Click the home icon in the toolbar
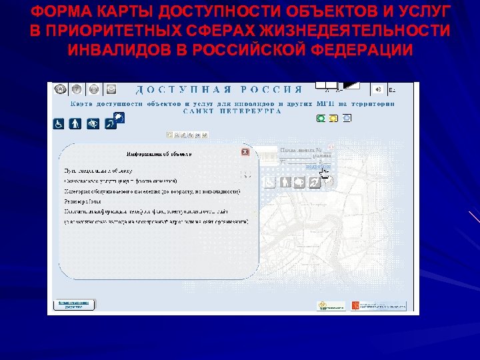pos(60,89)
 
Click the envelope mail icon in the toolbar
pos(111,89)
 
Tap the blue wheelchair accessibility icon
pos(59,123)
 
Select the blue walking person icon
pos(76,123)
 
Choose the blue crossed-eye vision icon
pos(93,123)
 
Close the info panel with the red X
pos(245,152)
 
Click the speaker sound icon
pos(378,89)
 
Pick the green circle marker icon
pos(321,118)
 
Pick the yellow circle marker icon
pos(333,118)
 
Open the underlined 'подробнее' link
pos(317,167)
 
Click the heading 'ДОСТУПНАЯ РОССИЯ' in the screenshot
pos(220,89)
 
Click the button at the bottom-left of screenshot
pos(75,304)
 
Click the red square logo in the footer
pos(355,305)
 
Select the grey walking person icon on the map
pos(285,183)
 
